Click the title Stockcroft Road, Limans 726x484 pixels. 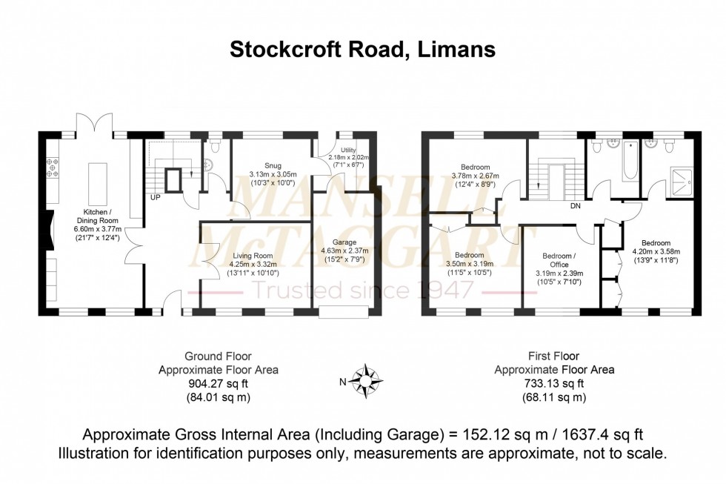coord(362,49)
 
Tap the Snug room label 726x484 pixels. coord(262,165)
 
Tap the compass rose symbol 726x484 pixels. coord(367,381)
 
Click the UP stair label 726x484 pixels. coord(156,198)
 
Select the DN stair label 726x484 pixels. coord(574,207)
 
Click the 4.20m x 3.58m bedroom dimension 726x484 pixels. coord(656,251)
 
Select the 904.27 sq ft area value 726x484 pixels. coord(219,384)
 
